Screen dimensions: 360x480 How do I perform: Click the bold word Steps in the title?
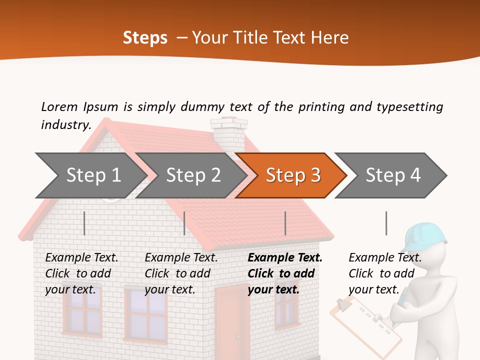tap(145, 38)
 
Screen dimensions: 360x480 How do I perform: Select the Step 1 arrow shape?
tap(90, 175)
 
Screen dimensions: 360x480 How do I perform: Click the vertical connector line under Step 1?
tap(84, 223)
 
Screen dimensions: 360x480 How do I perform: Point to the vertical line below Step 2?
tap(184, 223)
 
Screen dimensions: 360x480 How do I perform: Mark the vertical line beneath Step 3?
tap(285, 223)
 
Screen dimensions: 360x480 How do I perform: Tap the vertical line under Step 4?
tap(386, 223)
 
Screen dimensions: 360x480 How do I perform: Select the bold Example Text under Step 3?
tap(285, 273)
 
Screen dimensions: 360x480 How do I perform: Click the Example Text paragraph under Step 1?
tap(81, 273)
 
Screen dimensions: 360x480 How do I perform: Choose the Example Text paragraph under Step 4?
tap(385, 273)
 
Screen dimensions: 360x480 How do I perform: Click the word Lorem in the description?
tap(59, 106)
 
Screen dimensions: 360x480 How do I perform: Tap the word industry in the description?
tap(65, 124)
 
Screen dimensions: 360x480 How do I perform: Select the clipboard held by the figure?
tap(367, 322)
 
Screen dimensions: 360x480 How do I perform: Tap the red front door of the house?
tap(232, 320)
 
